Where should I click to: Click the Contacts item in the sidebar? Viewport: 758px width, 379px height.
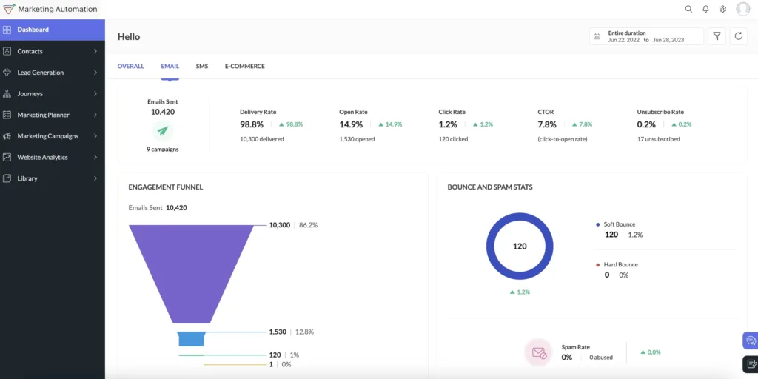tap(30, 51)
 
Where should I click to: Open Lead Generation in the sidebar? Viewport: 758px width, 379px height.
tap(40, 73)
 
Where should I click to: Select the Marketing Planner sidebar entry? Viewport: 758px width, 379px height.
tap(43, 115)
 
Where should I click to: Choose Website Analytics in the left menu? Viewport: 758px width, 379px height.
tap(42, 157)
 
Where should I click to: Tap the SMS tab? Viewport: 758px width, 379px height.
tap(202, 67)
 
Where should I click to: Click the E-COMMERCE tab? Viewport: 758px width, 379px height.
tap(244, 67)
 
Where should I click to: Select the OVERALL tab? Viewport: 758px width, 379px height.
tap(131, 67)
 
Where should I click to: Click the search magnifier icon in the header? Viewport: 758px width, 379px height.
tap(688, 10)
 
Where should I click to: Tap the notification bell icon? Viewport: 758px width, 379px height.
tap(705, 10)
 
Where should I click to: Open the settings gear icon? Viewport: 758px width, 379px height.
tap(723, 10)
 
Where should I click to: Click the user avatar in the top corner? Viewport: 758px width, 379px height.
tap(743, 9)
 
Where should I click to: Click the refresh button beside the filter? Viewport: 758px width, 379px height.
tap(738, 36)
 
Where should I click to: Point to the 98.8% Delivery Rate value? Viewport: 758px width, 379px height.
tap(252, 124)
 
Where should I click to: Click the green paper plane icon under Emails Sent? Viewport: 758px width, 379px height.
tap(163, 131)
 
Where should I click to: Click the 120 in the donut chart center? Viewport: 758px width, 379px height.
tap(520, 246)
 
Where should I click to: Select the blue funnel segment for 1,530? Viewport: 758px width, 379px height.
tap(192, 339)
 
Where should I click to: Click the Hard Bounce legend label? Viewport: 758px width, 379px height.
tap(620, 264)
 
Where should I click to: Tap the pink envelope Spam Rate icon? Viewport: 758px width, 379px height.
tap(538, 352)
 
